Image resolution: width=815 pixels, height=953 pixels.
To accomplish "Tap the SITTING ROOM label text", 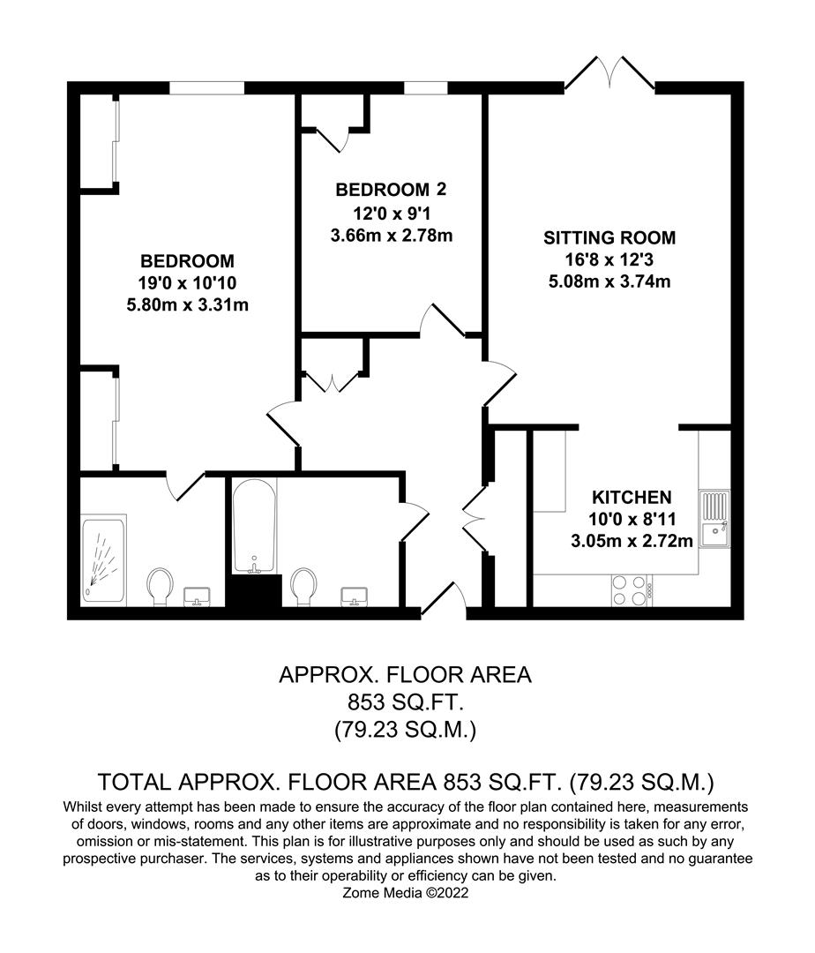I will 609,237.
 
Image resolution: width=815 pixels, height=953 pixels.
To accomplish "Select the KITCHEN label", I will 631,497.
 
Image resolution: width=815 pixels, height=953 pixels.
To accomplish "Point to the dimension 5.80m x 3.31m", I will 187,306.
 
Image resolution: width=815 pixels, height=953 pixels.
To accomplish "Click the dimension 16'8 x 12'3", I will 609,260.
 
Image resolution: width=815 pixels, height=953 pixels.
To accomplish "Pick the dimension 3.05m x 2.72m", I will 631,541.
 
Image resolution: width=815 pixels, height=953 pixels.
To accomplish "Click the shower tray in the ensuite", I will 103,560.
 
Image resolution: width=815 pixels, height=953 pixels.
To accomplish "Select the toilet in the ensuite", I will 160,586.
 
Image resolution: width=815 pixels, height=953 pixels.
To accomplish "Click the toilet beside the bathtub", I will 303,586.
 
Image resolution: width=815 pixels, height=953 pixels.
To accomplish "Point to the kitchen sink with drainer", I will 714,521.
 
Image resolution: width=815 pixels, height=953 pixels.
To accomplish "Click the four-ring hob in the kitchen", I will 627,590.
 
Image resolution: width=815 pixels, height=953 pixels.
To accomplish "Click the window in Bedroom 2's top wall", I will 426,87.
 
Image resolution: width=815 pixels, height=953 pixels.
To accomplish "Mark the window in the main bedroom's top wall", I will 206,87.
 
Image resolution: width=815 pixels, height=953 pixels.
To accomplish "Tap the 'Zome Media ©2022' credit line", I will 406,894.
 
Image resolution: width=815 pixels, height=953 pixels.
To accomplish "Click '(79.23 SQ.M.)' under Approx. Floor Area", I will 406,731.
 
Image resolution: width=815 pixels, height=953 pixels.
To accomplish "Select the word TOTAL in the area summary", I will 133,782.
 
